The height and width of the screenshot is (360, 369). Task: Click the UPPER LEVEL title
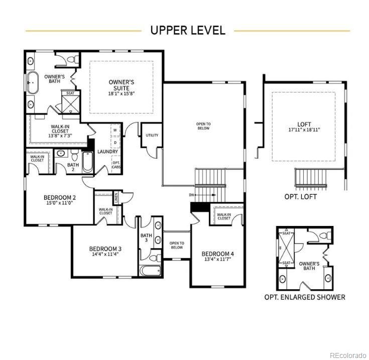pos(187,30)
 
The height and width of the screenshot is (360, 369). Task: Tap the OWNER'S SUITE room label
pos(121,87)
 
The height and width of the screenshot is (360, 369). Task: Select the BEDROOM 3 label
pos(105,251)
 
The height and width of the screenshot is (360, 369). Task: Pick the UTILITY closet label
pos(152,136)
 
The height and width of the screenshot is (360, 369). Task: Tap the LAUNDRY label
pos(107,151)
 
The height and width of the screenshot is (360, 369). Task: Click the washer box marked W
pos(115,130)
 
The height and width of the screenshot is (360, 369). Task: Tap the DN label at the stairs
pos(192,195)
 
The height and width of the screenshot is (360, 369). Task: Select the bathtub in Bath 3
pos(150,272)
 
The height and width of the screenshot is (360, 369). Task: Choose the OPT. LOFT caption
pos(300,197)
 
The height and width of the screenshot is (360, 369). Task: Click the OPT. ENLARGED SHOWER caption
pos(305,297)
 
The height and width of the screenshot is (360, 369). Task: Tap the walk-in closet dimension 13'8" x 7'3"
pos(60,136)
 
